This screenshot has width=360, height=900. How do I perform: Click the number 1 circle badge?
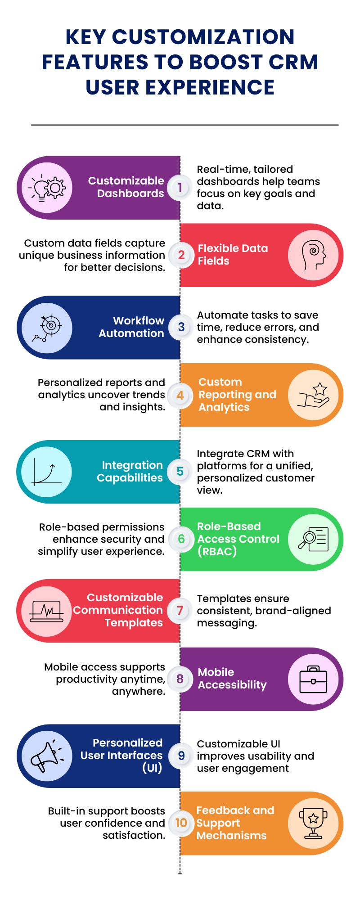point(180,187)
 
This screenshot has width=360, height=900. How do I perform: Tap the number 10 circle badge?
point(181,823)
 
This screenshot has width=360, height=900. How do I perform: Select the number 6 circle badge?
point(181,539)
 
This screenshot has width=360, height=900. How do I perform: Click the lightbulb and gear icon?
point(47,188)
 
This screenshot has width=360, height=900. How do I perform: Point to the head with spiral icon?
point(313,255)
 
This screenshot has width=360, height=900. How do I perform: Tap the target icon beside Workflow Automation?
point(47,328)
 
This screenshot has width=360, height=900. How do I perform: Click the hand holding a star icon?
point(314,395)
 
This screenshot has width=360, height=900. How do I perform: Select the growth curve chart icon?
point(46,471)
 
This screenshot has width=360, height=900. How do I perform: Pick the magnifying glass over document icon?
point(314,539)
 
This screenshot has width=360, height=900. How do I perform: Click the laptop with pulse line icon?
point(47,611)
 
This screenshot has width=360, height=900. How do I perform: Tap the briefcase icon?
point(313,679)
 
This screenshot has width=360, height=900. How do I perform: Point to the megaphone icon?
point(47,756)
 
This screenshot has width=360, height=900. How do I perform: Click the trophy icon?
point(313,823)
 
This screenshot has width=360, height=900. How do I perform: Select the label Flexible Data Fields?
point(233,255)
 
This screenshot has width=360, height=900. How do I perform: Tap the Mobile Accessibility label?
point(232,679)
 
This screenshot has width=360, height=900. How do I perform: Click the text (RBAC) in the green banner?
point(217,551)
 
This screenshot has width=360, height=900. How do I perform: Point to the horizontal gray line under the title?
point(184,125)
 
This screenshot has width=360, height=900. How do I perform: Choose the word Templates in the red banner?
point(134,623)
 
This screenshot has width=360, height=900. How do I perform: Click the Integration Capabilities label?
point(130,471)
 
